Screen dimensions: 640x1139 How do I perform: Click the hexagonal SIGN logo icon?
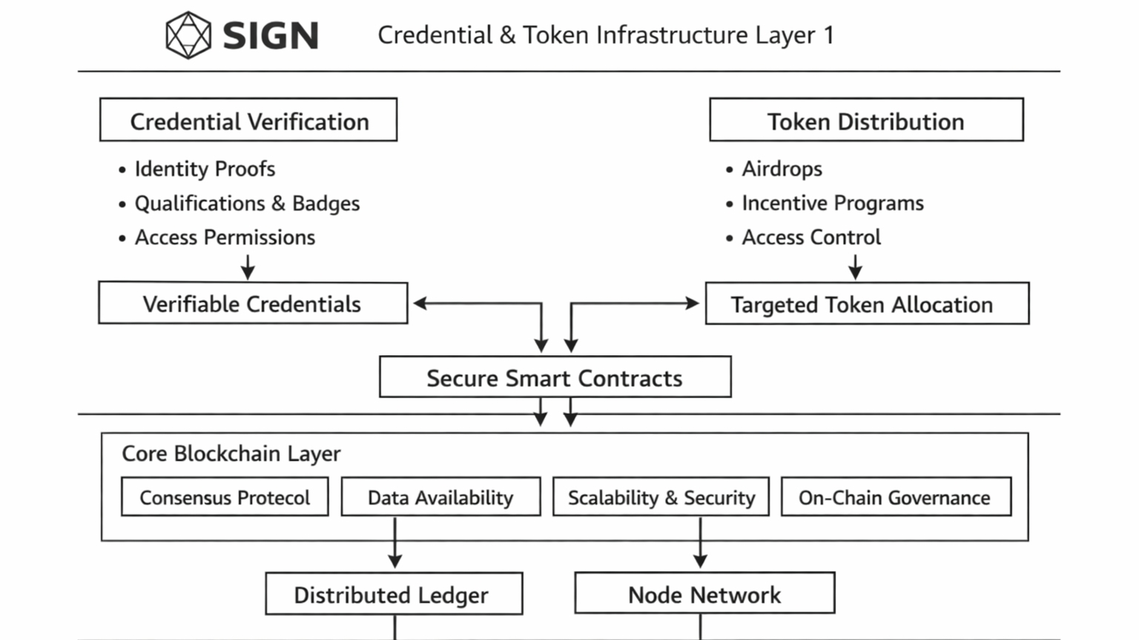tap(188, 35)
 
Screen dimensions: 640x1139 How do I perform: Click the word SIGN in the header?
tap(271, 36)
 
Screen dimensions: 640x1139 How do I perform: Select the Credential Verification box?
tap(248, 120)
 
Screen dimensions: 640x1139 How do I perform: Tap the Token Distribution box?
tap(866, 120)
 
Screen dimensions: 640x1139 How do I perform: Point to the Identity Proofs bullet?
tap(205, 169)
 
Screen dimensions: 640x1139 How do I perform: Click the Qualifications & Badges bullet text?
tap(247, 203)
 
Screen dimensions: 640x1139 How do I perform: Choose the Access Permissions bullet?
tap(225, 237)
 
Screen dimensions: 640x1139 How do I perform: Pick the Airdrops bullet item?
tap(782, 169)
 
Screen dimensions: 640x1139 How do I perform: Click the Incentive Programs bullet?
tap(833, 203)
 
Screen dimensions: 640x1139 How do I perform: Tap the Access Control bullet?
tap(811, 237)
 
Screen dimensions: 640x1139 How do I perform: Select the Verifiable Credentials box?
tap(253, 303)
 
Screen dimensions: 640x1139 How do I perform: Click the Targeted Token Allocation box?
tap(867, 304)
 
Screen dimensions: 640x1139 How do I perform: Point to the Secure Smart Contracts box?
tap(555, 377)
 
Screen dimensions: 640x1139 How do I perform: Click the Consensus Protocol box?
tap(225, 497)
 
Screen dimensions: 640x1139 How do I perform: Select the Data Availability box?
tap(440, 497)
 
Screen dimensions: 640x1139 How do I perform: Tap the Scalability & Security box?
tap(661, 497)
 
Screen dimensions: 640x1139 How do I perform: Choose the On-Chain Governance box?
tap(895, 497)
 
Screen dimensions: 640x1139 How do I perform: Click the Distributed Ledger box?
tap(394, 594)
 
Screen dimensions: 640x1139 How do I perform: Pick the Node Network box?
tap(704, 594)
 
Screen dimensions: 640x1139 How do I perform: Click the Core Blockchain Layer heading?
tap(231, 453)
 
